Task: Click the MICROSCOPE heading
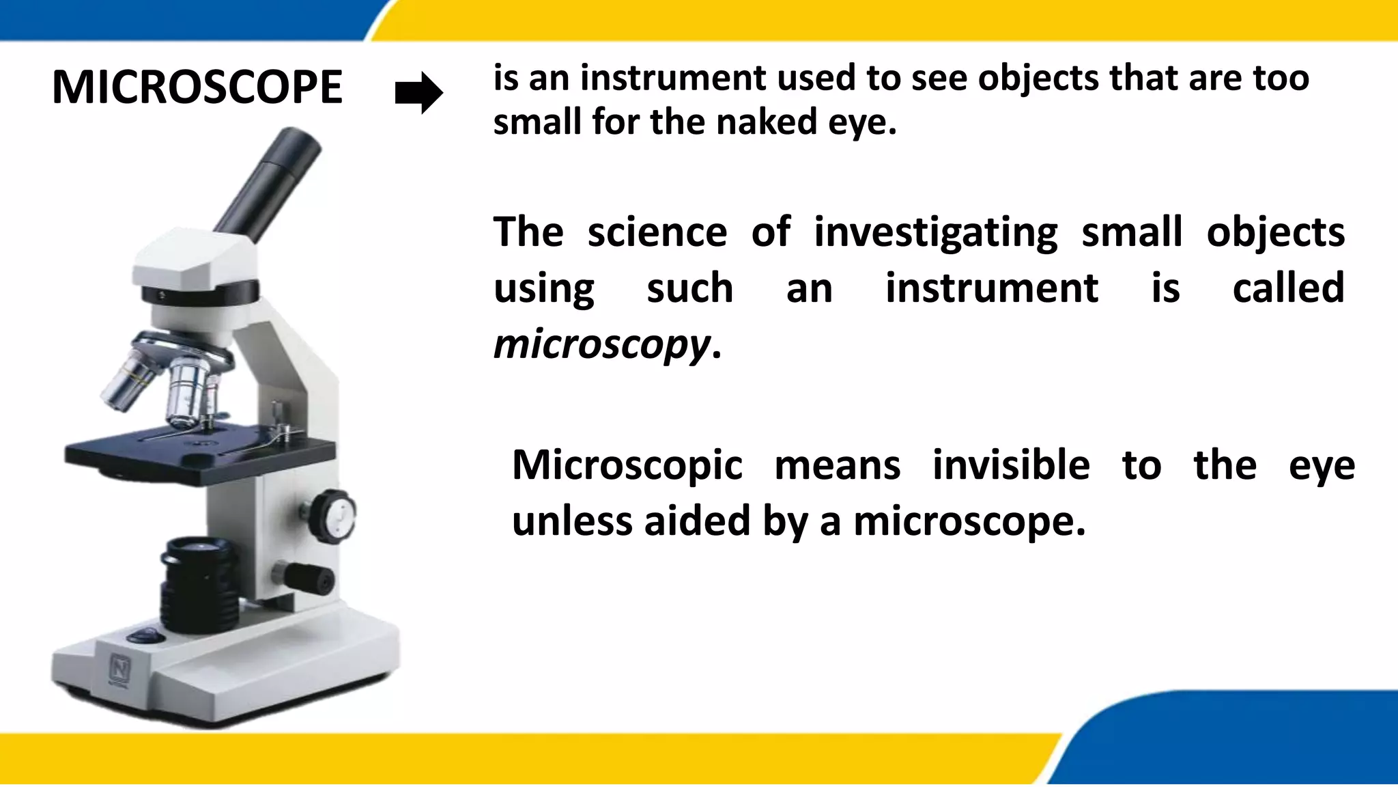[197, 87]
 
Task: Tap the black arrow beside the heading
[419, 92]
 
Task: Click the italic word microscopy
[601, 344]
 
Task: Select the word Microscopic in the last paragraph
[627, 466]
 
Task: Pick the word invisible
[1011, 466]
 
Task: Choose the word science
[657, 232]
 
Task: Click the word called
[1288, 288]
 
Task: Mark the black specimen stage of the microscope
[198, 451]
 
